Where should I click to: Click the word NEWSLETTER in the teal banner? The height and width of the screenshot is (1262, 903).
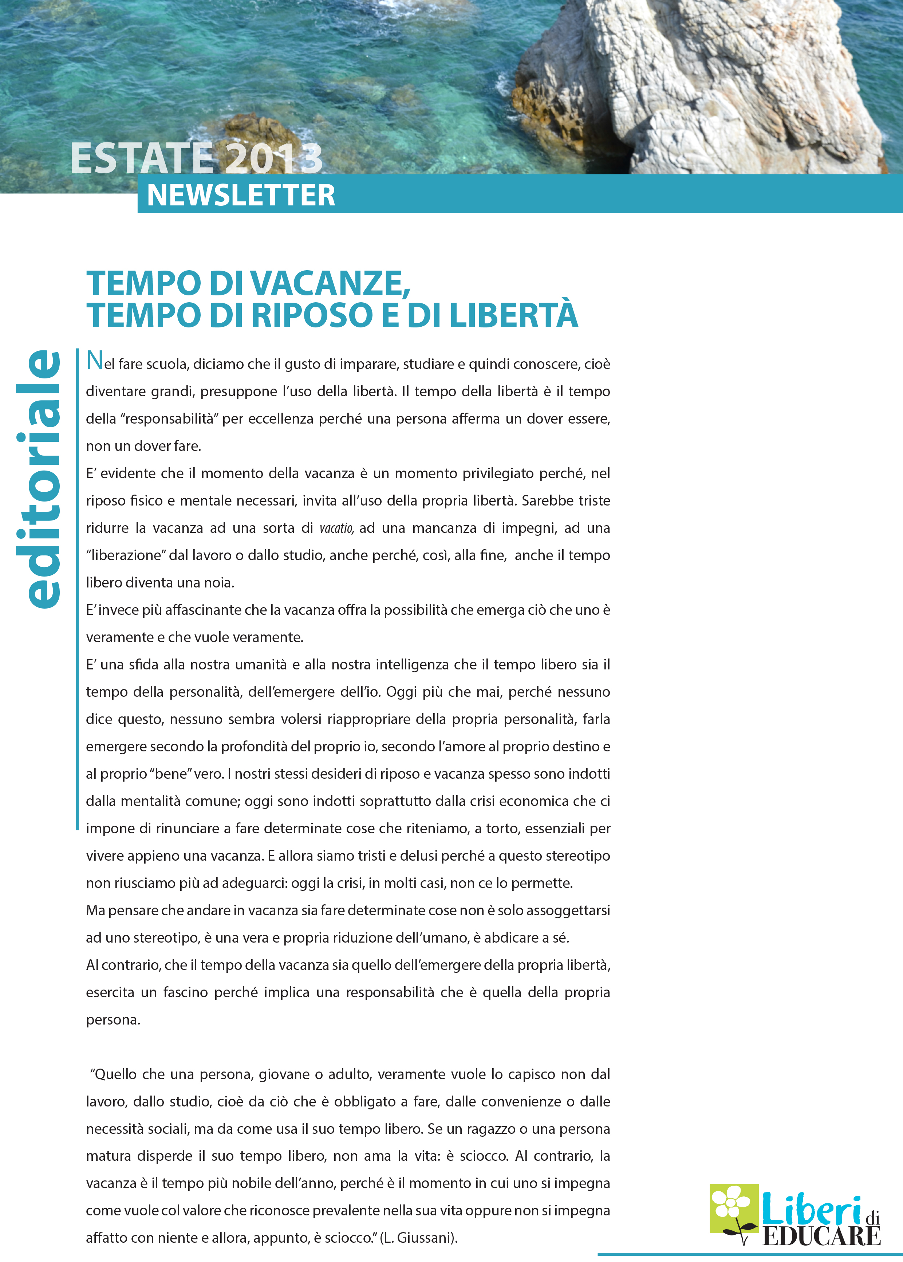point(241,195)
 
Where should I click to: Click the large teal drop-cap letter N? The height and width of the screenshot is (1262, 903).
point(95,361)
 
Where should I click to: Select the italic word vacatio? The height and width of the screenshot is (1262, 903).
point(336,528)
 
